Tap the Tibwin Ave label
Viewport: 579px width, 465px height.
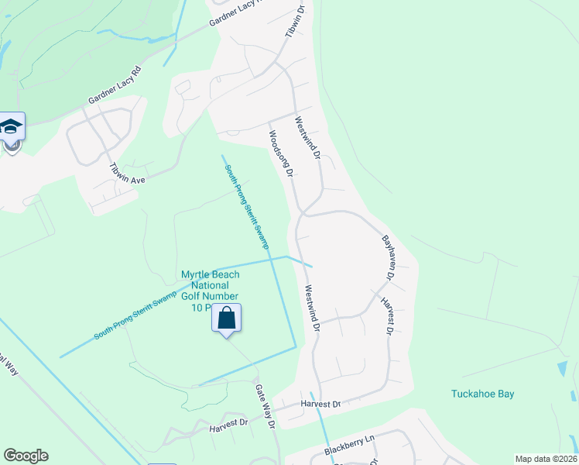coord(128,173)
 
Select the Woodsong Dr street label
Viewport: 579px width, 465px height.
coord(279,153)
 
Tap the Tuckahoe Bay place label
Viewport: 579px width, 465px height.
coord(483,394)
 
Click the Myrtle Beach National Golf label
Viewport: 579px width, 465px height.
coord(210,285)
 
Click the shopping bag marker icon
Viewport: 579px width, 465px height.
coord(227,319)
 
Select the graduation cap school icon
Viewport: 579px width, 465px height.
coord(12,126)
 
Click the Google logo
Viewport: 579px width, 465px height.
coord(26,456)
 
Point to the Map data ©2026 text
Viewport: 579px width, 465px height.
coord(546,459)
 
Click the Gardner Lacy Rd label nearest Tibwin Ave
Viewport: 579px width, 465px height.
coord(115,85)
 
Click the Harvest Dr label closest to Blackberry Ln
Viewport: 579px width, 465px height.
coord(320,405)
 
